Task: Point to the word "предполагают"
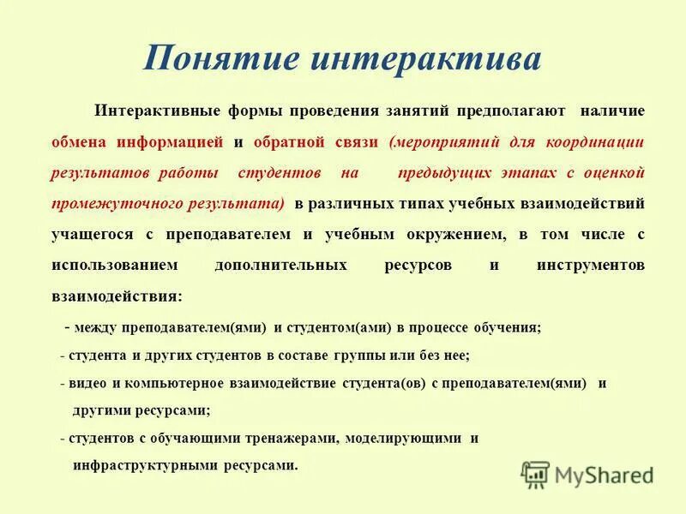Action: click(511, 111)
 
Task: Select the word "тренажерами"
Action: click(284, 439)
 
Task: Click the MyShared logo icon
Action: click(535, 474)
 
